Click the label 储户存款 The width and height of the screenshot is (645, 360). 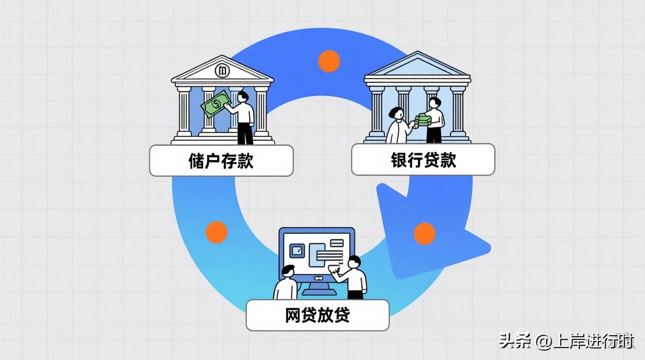(x=221, y=161)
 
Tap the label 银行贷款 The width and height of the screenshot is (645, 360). (x=423, y=160)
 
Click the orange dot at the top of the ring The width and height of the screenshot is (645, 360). (x=329, y=61)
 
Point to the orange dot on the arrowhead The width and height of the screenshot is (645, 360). (x=424, y=234)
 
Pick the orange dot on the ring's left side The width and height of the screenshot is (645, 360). (x=217, y=232)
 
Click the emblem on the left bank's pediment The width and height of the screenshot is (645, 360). (x=222, y=71)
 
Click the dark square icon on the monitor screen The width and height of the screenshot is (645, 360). (x=298, y=250)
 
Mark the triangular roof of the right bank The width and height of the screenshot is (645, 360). (x=417, y=66)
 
